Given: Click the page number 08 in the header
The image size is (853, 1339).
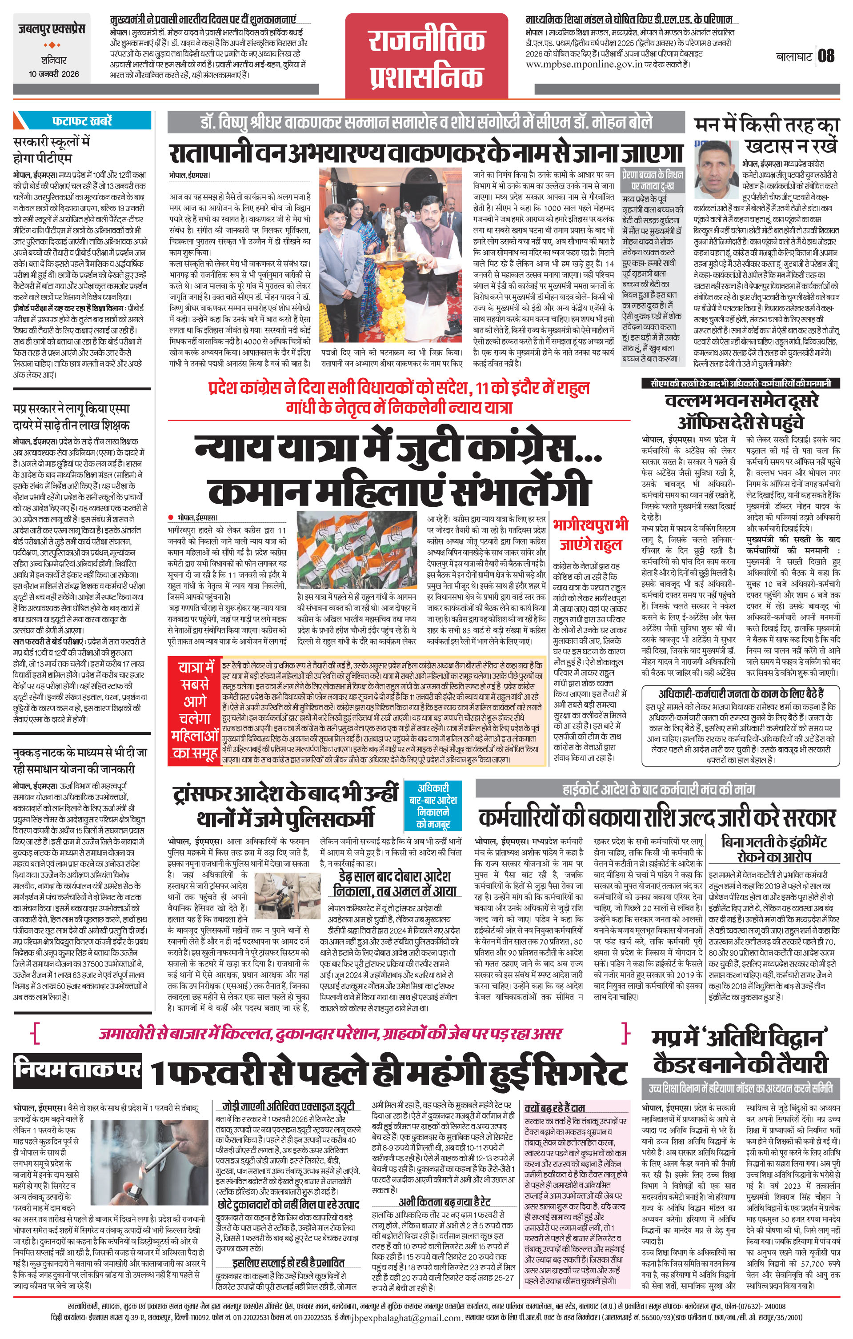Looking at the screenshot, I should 826,56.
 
